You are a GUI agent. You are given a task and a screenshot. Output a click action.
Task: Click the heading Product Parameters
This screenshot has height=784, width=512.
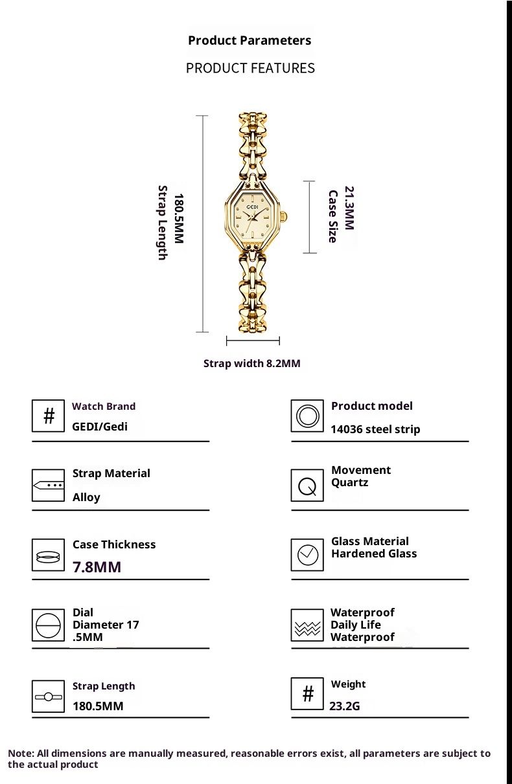point(250,40)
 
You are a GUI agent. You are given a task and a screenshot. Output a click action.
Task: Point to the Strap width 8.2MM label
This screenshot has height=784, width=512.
point(251,363)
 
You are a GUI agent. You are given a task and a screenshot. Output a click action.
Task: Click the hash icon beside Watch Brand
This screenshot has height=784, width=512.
point(49,416)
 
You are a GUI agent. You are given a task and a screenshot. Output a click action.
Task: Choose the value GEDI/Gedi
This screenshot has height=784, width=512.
point(100,426)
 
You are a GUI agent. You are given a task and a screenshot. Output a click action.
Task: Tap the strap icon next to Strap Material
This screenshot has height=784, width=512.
point(49,485)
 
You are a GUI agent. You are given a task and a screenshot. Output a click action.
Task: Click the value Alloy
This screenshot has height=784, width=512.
point(86,497)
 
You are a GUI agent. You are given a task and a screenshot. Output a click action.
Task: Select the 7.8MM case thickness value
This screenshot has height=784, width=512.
point(97,567)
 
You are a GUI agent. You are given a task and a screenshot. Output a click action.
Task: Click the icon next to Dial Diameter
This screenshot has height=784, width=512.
point(49,625)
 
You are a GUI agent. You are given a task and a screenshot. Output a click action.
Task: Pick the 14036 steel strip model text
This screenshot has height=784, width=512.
point(375,429)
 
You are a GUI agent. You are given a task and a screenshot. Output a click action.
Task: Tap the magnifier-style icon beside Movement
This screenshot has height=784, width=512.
point(307,485)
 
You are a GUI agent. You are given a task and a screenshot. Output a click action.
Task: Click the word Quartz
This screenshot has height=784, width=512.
point(349,482)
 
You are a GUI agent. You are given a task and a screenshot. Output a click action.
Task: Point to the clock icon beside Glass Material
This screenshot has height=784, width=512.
point(307,555)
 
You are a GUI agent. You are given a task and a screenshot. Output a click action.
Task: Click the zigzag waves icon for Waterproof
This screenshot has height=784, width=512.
point(307,625)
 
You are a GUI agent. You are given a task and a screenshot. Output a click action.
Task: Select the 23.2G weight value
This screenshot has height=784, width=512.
point(344,706)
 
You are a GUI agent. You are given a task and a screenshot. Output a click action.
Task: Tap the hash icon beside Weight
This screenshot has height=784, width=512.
point(307,694)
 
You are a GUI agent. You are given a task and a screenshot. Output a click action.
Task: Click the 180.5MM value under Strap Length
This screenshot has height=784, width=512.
point(98,706)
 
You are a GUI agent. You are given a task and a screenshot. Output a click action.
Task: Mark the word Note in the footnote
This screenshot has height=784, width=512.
point(20,754)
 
